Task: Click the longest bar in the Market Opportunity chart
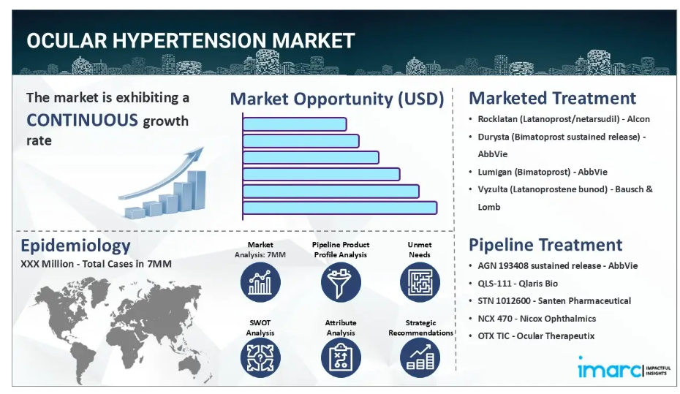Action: tap(339, 208)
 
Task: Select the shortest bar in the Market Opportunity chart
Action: tap(295, 124)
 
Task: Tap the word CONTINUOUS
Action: tap(83, 120)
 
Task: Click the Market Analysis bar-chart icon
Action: tap(260, 282)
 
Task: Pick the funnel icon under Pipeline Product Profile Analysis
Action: tap(341, 282)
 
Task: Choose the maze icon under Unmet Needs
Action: tap(420, 282)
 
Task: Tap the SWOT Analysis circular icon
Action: tap(260, 358)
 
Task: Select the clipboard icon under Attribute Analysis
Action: tap(341, 358)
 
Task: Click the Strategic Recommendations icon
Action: tap(420, 358)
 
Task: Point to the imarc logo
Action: tap(624, 368)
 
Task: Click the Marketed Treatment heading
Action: tap(552, 98)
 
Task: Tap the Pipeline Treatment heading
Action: tap(545, 245)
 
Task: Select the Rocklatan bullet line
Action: tap(564, 119)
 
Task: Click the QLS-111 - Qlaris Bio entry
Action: tap(518, 284)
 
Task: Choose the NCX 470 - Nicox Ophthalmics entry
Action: tap(537, 319)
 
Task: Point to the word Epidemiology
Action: tap(75, 246)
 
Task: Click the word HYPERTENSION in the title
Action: tap(189, 41)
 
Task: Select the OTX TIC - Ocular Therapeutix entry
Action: tap(536, 336)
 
